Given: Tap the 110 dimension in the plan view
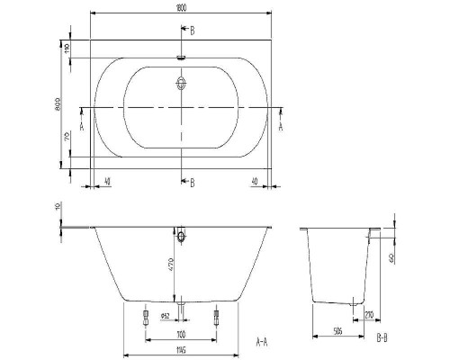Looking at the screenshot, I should (x=67, y=49).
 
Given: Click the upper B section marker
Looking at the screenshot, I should (x=190, y=30).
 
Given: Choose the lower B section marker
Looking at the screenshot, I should (x=190, y=182).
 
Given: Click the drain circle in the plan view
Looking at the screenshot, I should (x=183, y=85).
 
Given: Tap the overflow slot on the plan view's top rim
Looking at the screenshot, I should (x=182, y=56).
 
